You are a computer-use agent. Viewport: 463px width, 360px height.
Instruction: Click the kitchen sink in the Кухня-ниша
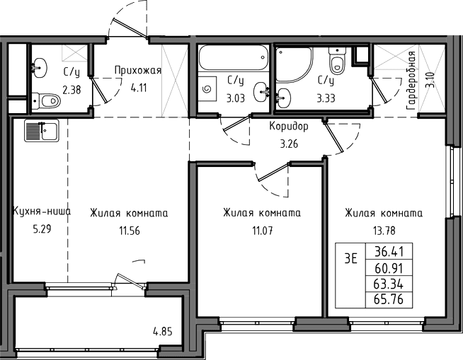[x=42, y=130]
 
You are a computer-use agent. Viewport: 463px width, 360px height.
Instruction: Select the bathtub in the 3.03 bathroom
[x=234, y=58]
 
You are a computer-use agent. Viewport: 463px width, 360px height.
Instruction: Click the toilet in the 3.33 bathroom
[x=337, y=61]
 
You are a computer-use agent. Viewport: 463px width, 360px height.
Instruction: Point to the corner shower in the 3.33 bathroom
[x=294, y=64]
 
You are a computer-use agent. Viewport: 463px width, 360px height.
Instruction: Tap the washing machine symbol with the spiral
[x=207, y=88]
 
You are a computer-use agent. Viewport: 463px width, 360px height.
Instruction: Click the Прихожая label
[x=138, y=71]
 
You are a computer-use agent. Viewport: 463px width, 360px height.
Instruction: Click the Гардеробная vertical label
[x=411, y=81]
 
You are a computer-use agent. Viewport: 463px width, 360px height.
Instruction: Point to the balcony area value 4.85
[x=162, y=332]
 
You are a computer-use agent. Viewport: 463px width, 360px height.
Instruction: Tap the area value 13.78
[x=384, y=231]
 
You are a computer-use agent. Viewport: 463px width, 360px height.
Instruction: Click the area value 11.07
[x=262, y=231]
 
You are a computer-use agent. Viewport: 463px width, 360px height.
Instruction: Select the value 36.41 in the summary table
[x=389, y=252]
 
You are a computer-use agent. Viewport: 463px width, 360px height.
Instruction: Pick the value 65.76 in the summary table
[x=389, y=299]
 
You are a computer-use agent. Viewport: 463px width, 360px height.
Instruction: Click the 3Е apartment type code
[x=351, y=259]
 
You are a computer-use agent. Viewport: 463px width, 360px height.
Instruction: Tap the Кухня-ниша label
[x=42, y=212]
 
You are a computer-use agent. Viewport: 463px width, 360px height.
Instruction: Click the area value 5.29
[x=42, y=228]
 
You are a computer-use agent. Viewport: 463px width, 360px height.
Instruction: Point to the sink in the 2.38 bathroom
[x=39, y=68]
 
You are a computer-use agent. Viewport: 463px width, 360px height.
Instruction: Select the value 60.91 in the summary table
[x=389, y=268]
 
